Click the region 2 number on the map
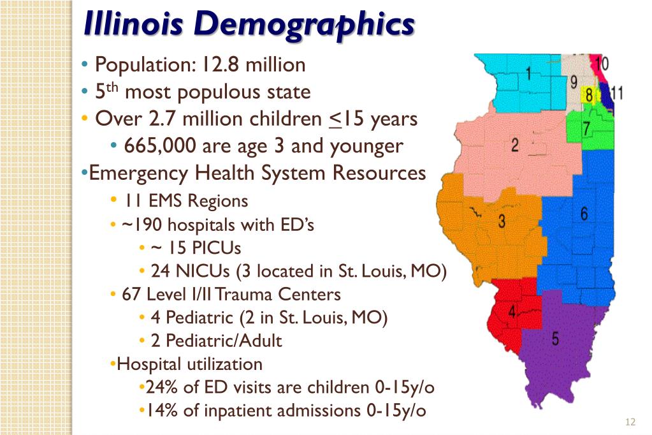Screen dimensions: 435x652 (515, 145)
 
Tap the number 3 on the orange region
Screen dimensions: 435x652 (502, 222)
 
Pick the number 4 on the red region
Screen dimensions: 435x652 (512, 312)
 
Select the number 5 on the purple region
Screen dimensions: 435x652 (555, 339)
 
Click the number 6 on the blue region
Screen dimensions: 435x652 (584, 214)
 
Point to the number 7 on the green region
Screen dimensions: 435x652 (586, 129)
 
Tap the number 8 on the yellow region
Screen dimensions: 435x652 (589, 96)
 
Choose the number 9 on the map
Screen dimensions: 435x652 (574, 82)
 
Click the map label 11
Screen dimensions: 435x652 (616, 93)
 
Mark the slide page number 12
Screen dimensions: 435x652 (631, 422)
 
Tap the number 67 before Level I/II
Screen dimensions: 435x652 (131, 294)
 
